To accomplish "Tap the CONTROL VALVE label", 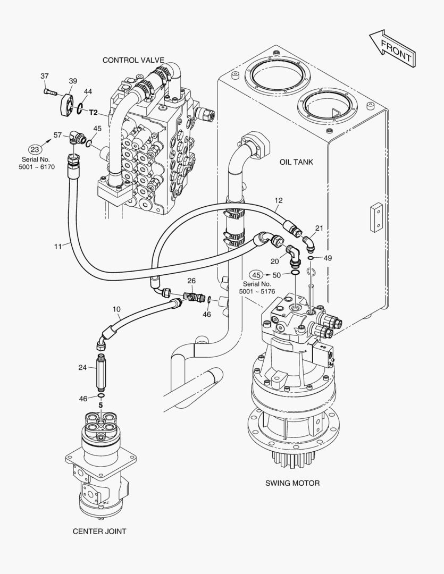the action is [x=133, y=60].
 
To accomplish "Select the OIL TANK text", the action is [x=296, y=162].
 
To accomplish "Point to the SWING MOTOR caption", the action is [x=292, y=483].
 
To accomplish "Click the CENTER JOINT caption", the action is [x=99, y=531].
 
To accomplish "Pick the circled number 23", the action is [x=35, y=149].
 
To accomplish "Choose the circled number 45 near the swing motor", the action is [x=256, y=275].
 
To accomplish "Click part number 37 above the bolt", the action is [x=44, y=76].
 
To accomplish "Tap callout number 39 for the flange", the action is [x=73, y=81].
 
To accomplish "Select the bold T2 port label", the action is [x=94, y=112].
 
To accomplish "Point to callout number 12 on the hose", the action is [x=279, y=200].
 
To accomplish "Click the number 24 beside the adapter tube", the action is [x=82, y=367].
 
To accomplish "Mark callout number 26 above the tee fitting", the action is [x=191, y=281].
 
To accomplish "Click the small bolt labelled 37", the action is [x=50, y=92].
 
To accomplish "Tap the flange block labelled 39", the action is [x=67, y=105].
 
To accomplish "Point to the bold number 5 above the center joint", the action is [x=100, y=405].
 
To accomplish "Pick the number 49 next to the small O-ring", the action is [x=328, y=258].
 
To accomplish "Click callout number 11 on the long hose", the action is [x=58, y=247].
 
